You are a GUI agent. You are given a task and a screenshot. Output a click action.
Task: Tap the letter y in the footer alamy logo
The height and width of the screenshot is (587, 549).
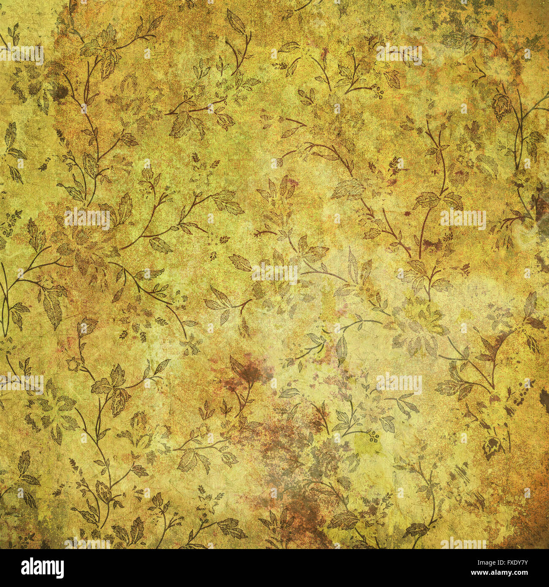tap(59, 570)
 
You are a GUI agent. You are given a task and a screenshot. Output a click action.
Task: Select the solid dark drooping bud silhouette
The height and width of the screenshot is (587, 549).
tap(491, 448)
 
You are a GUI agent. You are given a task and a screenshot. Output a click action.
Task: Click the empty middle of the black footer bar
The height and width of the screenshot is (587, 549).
tap(274, 568)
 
